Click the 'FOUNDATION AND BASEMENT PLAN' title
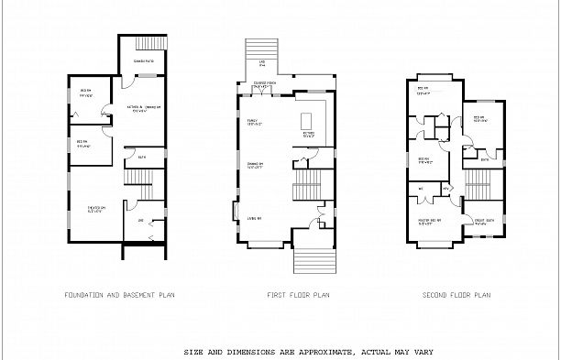[119, 296]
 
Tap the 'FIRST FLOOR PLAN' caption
[298, 296]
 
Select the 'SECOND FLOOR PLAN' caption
[456, 296]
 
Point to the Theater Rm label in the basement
[97, 209]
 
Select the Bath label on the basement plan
[143, 158]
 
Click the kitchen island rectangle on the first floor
[307, 119]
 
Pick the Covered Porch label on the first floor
[265, 84]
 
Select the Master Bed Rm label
[430, 221]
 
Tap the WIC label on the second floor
[421, 190]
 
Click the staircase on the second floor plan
[479, 189]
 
